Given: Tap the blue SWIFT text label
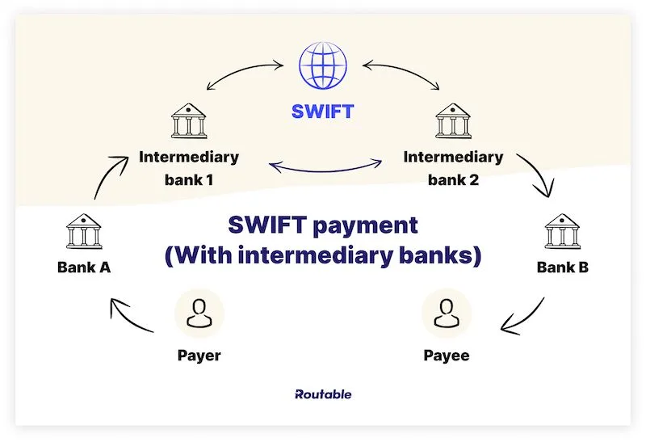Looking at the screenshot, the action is coord(321,112).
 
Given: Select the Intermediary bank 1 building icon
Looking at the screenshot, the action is coord(188,121).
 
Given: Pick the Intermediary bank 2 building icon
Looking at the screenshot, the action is coord(453,121).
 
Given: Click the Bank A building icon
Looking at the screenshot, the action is coord(83,233).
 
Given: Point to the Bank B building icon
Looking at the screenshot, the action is coord(562,233).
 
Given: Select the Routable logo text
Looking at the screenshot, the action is coord(323,394).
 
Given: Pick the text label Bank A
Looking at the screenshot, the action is coord(83,267).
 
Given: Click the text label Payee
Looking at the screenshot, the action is coord(446,355).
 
